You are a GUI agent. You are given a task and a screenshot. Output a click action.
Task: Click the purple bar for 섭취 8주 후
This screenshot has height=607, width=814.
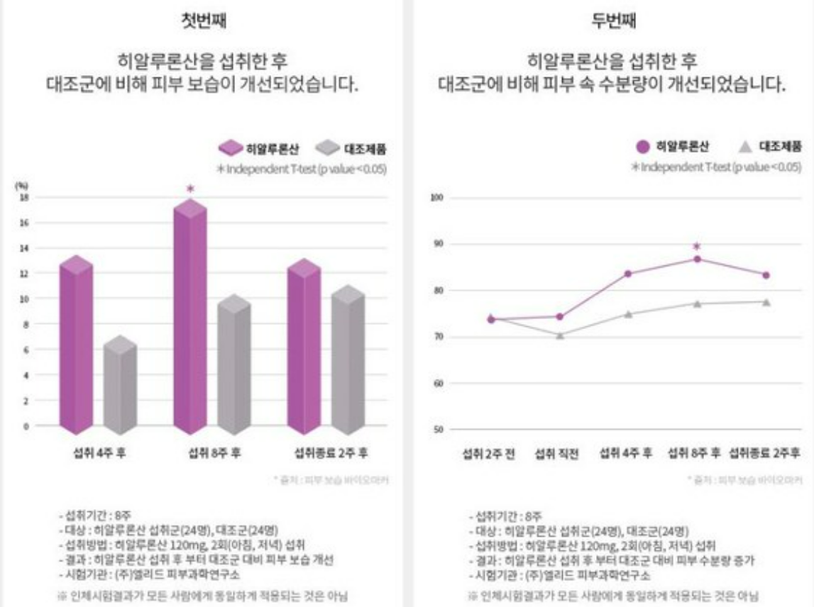189,319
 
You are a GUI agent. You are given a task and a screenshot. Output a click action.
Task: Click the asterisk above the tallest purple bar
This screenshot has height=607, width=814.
189,189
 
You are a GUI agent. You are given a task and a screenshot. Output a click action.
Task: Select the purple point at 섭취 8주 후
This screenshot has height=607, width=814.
697,260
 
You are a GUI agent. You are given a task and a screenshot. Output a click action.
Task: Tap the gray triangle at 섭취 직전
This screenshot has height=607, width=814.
559,335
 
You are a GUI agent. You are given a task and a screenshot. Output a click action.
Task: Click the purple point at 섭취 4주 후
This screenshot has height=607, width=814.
628,274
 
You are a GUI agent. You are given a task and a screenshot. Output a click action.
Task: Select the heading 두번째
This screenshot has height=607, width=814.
614,21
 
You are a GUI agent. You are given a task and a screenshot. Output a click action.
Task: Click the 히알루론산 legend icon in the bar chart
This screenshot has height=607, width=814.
230,148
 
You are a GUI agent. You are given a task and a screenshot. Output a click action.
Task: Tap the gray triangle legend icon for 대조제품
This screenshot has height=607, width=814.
744,147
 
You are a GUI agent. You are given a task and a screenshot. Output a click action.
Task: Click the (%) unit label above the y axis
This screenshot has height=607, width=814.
23,185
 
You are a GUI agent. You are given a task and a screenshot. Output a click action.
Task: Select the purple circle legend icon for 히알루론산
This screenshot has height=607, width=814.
643,147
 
